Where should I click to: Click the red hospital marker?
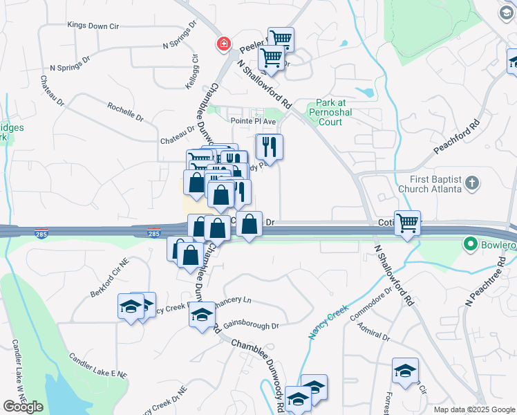(223, 44)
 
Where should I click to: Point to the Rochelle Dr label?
(125, 112)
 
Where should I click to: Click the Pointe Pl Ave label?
(253, 120)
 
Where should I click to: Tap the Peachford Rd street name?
(456, 139)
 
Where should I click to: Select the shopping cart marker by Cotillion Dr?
(408, 223)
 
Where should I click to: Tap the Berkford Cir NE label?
(110, 278)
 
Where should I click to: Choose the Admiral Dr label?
(375, 334)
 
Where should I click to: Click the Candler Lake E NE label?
(97, 365)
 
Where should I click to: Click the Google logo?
(23, 407)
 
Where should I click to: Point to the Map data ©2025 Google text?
(473, 409)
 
